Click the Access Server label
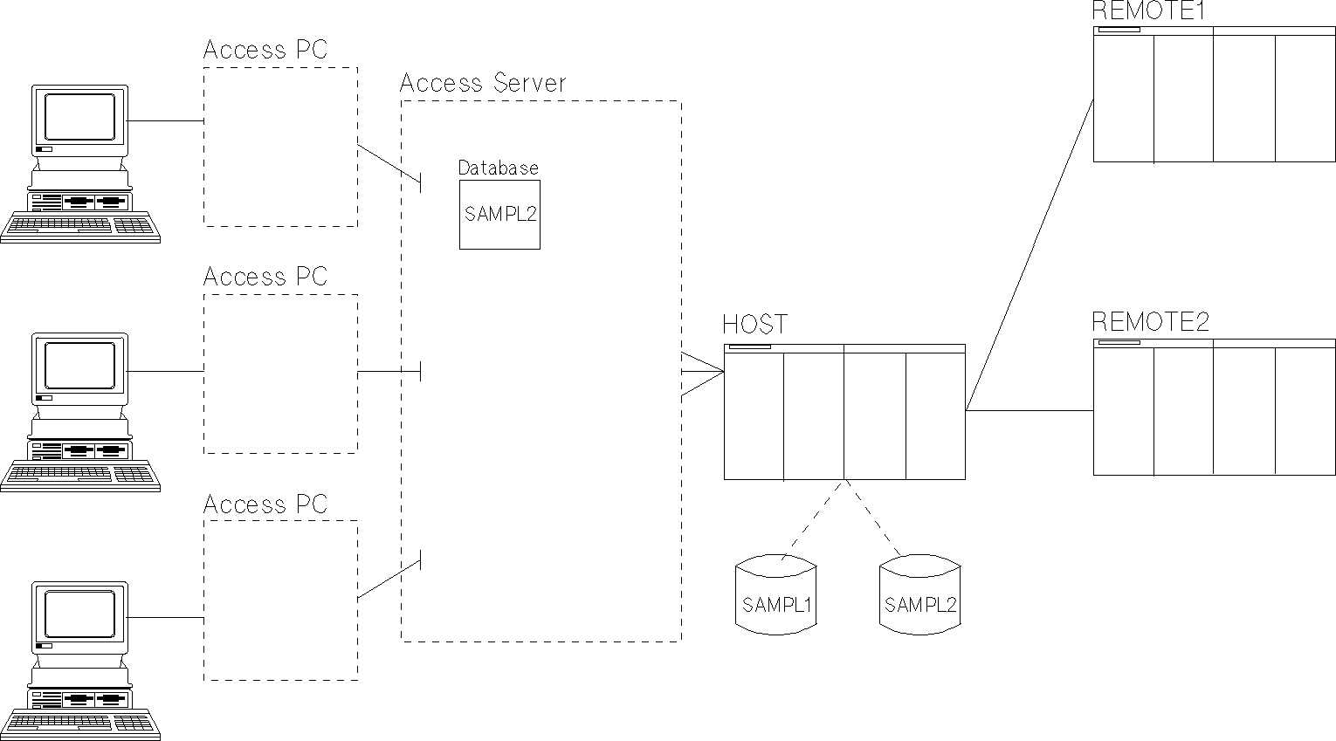click(x=483, y=83)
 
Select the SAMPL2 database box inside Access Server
click(x=499, y=215)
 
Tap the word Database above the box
click(x=498, y=168)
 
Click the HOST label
click(x=754, y=325)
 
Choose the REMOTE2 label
click(x=1151, y=322)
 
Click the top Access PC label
click(x=265, y=50)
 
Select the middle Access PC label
click(x=265, y=277)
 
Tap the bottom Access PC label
click(x=265, y=504)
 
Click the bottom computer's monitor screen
click(x=79, y=614)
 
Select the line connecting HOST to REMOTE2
click(x=1030, y=410)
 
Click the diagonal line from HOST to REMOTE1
click(x=1030, y=253)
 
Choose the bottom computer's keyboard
click(x=79, y=722)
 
